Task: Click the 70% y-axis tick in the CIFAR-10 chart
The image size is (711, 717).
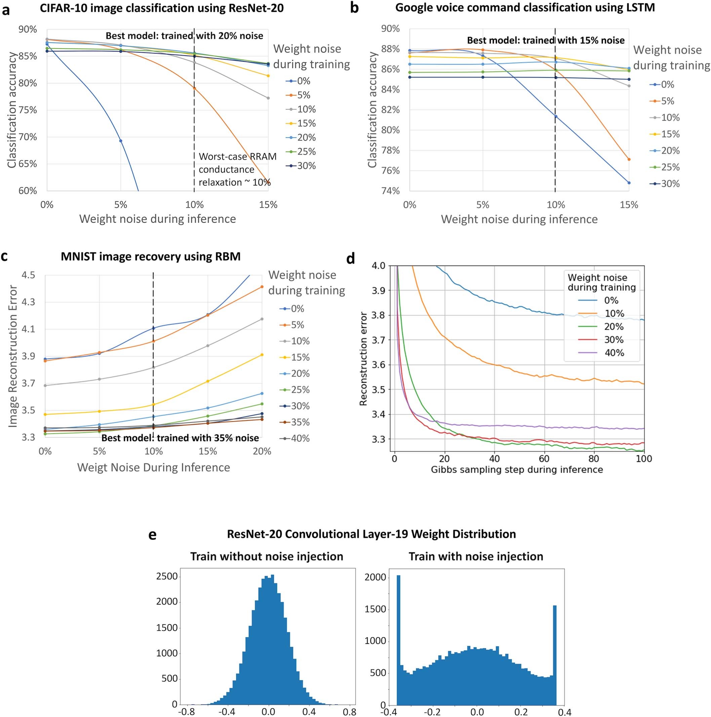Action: pyautogui.click(x=28, y=137)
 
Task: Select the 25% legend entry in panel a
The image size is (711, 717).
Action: pyautogui.click(x=301, y=152)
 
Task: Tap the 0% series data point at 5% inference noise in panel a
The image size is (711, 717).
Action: pyautogui.click(x=121, y=141)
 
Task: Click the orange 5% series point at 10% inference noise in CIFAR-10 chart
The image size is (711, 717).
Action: pyautogui.click(x=194, y=88)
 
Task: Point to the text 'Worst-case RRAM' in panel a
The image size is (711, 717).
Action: pyautogui.click(x=238, y=157)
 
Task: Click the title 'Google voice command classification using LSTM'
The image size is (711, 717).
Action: pyautogui.click(x=525, y=7)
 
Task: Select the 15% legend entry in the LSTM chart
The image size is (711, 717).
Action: pyautogui.click(x=665, y=134)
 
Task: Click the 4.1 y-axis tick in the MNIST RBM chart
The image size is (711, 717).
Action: pyautogui.click(x=28, y=329)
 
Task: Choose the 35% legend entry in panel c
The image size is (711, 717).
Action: pyautogui.click(x=295, y=422)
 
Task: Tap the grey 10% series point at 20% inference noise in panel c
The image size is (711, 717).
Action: pyautogui.click(x=262, y=319)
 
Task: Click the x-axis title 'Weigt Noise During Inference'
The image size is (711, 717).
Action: pyautogui.click(x=153, y=467)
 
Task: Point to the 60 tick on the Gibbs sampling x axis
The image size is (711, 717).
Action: pyautogui.click(x=544, y=459)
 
